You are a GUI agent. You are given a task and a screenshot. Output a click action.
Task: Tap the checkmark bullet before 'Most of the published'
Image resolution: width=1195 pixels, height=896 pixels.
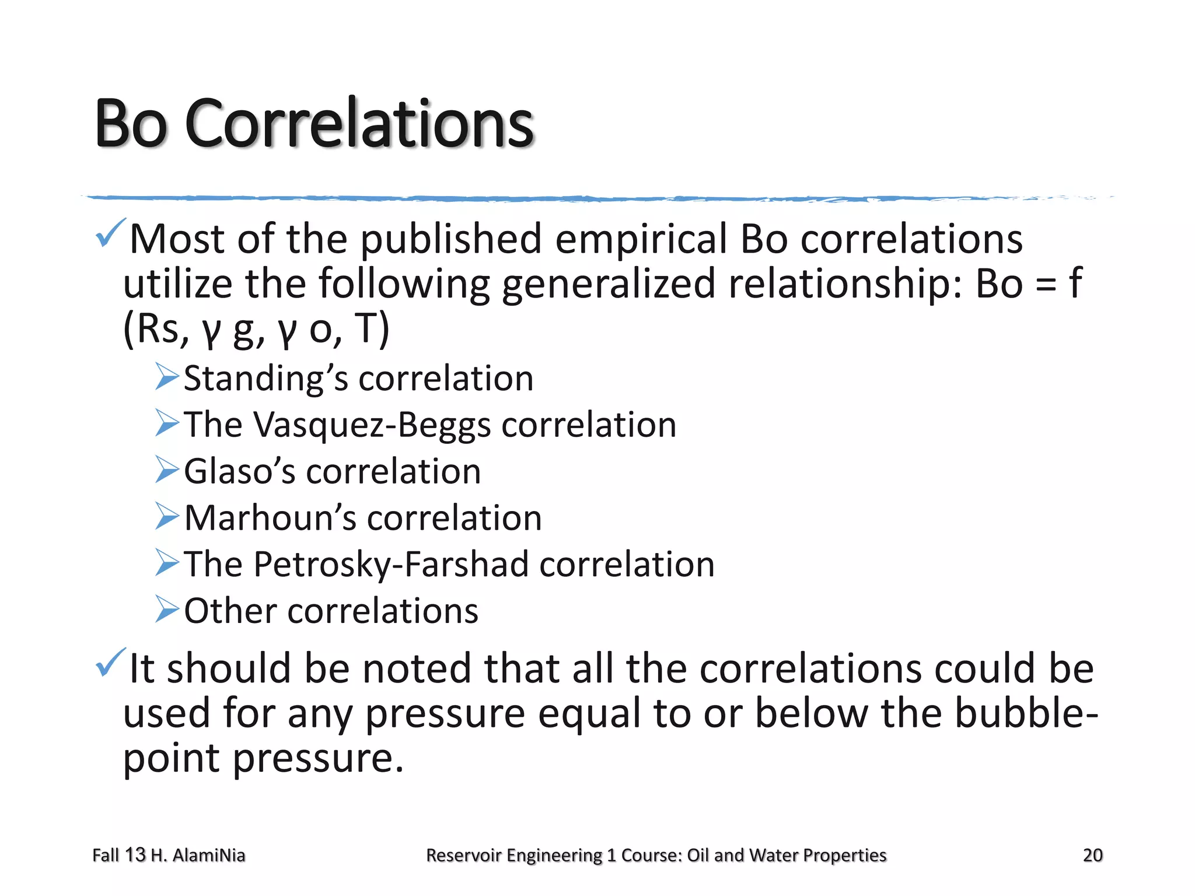point(110,233)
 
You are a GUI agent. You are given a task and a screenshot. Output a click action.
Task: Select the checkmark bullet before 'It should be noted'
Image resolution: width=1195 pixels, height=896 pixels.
point(110,663)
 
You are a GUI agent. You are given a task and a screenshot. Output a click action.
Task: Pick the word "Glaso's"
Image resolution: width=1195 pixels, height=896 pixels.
point(240,471)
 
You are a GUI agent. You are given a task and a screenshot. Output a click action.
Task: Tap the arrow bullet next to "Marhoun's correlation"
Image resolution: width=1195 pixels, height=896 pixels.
point(167,516)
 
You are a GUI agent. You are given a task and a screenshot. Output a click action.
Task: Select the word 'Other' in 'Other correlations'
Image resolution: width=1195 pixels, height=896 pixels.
point(230,611)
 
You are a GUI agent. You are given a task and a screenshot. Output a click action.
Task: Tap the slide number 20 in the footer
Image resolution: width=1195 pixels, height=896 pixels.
point(1092,855)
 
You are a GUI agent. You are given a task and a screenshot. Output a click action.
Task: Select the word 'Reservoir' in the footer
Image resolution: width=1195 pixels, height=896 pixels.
point(464,855)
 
